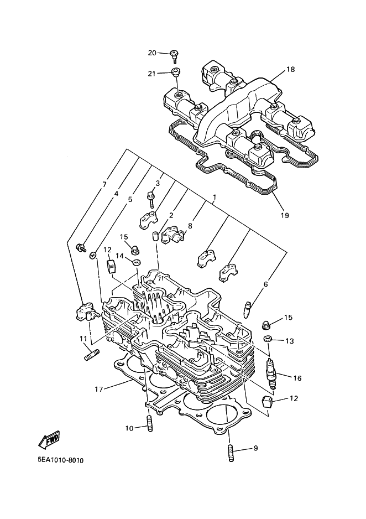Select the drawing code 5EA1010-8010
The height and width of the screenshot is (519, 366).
click(x=60, y=460)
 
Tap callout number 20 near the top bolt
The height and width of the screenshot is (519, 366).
click(x=152, y=53)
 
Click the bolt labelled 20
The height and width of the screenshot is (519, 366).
click(x=174, y=56)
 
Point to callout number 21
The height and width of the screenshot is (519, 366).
click(x=151, y=74)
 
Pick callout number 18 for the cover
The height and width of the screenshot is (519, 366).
click(x=290, y=70)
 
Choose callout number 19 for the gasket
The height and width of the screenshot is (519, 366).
click(x=285, y=215)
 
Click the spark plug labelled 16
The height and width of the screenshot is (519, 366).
click(x=272, y=374)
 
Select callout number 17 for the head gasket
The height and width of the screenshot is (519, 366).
click(x=99, y=390)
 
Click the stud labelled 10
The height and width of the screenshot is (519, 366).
click(x=149, y=424)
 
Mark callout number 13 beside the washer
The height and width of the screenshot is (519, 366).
click(x=289, y=341)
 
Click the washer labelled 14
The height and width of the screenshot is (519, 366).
click(x=136, y=262)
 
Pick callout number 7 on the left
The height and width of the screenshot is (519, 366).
click(x=104, y=185)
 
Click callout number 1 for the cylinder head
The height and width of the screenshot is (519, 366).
click(x=215, y=198)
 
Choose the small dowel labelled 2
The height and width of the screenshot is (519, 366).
click(x=154, y=236)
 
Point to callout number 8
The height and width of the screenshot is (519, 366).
click(x=190, y=226)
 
